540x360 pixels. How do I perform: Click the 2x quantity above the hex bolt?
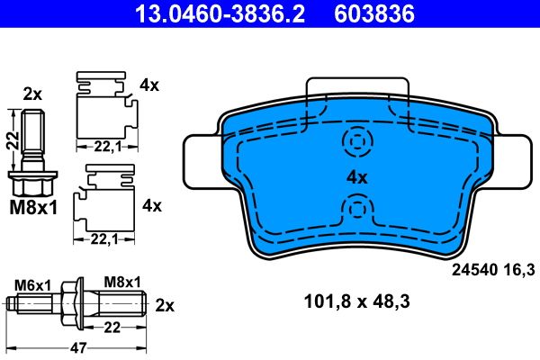(x=32, y=94)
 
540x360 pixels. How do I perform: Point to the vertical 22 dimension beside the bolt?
(x=12, y=142)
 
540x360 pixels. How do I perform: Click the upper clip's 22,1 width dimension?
(x=104, y=147)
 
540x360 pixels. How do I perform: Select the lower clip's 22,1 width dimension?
(x=104, y=238)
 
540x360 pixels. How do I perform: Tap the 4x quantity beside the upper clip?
(x=149, y=86)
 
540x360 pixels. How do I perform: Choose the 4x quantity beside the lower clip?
(x=150, y=205)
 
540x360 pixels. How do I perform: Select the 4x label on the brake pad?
(x=357, y=177)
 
